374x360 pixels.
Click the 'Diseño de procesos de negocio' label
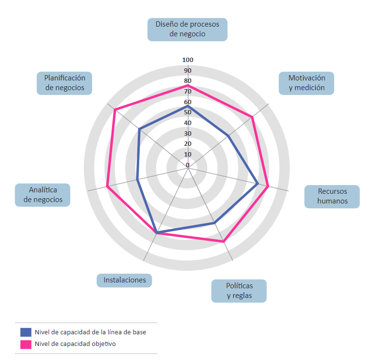[187, 29]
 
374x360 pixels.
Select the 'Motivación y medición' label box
[306, 83]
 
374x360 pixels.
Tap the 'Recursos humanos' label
[332, 196]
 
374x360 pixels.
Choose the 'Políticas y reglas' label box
[239, 291]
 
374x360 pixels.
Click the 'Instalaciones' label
[124, 280]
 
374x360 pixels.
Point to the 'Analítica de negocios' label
[43, 195]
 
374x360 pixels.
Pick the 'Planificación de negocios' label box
[65, 83]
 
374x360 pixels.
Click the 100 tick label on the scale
[188, 60]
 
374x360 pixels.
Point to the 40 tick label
[188, 123]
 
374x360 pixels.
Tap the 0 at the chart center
[188, 165]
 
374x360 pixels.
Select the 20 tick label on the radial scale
[188, 144]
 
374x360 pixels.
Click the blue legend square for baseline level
[26, 332]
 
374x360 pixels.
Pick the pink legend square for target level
[26, 344]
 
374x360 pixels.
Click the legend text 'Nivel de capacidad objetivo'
[75, 344]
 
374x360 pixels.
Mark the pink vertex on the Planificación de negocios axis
[115, 110]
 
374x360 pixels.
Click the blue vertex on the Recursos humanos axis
[258, 184]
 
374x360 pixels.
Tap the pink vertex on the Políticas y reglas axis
[224, 242]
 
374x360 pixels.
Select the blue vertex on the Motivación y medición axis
[228, 136]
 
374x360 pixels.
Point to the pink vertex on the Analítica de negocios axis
[107, 187]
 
